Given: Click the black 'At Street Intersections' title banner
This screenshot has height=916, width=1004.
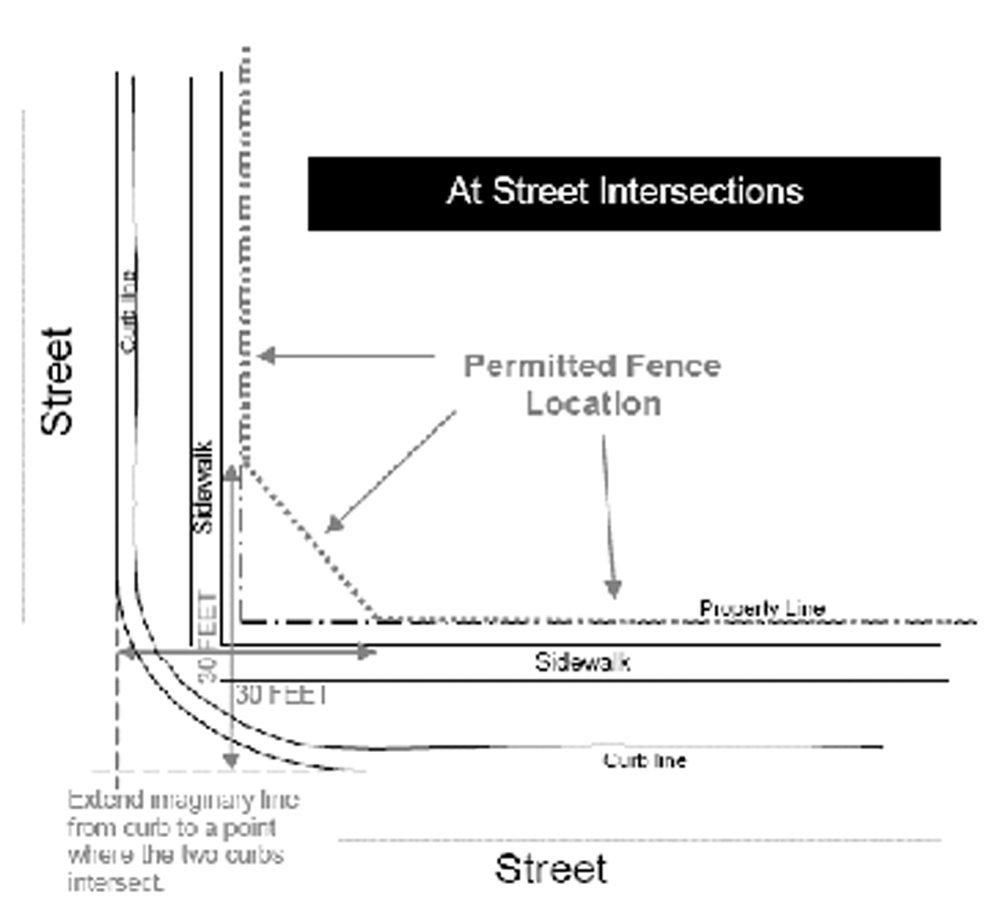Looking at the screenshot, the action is pos(624,193).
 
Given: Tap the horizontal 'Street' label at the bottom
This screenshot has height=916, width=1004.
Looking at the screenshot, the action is pos(551,868).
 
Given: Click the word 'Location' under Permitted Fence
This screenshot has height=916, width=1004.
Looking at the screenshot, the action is pos(593,404).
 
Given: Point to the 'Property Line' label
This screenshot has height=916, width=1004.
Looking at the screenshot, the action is pos(762,608).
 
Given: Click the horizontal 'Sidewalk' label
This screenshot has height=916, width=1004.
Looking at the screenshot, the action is pos(583,662).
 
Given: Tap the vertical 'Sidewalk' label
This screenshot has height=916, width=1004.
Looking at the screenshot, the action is pos(204,487).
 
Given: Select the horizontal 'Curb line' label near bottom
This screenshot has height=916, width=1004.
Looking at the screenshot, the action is pos(644,760).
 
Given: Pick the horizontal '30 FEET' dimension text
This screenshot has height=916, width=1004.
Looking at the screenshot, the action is pos(281,694).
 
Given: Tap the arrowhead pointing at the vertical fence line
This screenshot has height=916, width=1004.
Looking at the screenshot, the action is pos(265,355).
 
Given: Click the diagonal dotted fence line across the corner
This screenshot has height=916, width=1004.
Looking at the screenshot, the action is pos(311,540).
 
